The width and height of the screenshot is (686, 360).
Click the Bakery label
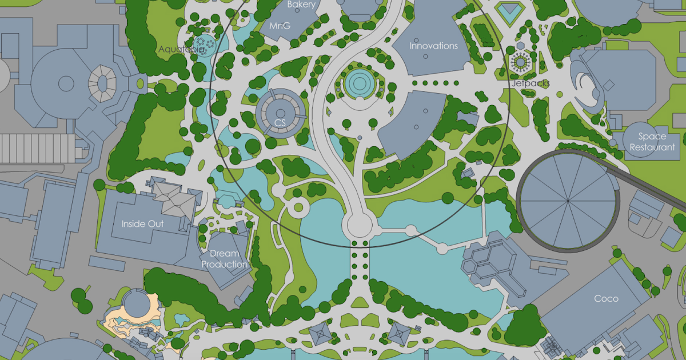pos(301,5)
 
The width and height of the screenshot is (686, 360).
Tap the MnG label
pos(280,26)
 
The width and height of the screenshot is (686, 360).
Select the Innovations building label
pos(434,46)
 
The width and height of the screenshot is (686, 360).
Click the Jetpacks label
pos(531,83)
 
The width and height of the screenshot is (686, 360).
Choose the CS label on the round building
pos(280,122)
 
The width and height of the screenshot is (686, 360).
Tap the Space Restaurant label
pos(652,142)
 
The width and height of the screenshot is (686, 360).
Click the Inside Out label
pos(142,223)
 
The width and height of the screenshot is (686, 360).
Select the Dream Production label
pos(224,259)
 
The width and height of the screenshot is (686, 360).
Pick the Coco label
pos(606,298)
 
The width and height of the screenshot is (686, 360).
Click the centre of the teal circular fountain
pos(360,83)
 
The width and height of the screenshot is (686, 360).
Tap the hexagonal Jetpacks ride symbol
pos(520,61)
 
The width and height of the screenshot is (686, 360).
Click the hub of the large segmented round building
pos(567,201)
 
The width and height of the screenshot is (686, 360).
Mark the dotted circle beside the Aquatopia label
pos(204,43)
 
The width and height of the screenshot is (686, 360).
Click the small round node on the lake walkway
pos(410,231)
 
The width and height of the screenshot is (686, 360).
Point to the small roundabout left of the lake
pos(298,207)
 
